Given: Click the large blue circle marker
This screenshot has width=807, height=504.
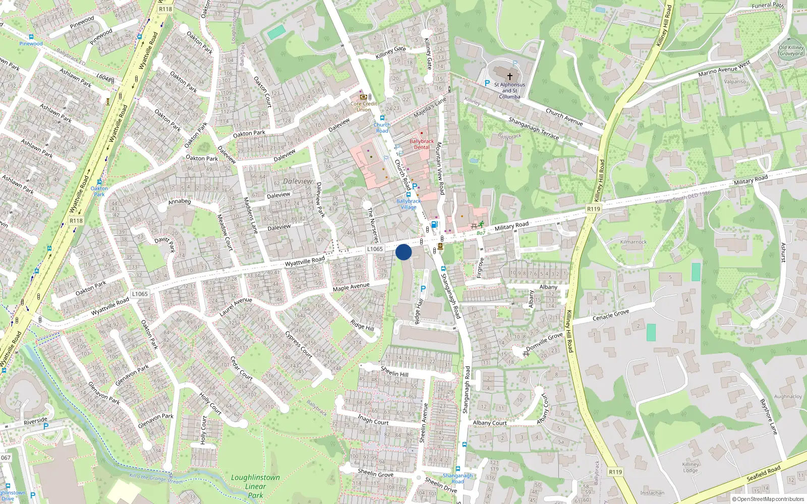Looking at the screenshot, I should pos(403,252).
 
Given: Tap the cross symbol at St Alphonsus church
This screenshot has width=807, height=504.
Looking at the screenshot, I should pos(509,77).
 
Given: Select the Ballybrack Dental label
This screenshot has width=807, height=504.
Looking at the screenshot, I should pos(422,145).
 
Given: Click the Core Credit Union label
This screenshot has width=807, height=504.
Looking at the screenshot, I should pos(364,106).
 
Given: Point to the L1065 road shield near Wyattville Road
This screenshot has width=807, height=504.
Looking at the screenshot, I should pos(375,249).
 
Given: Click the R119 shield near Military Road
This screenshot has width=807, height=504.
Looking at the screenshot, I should pos(594,209).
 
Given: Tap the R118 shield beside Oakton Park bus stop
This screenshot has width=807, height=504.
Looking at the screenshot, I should pos(76,221).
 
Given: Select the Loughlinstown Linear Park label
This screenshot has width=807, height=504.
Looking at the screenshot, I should pos(255,486).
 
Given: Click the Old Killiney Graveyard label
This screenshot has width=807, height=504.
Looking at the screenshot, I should pos(791,50).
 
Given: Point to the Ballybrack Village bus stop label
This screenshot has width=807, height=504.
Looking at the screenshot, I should pos(409,204).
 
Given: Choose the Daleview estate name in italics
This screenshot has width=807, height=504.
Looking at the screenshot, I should pos(298,181).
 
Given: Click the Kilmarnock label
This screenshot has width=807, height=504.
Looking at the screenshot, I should pos(633,242).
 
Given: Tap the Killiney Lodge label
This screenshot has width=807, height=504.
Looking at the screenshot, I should pos(690,467).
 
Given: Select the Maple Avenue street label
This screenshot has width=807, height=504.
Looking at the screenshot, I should pos(351,287).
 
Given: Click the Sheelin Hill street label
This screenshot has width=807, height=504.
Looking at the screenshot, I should pos(394,372).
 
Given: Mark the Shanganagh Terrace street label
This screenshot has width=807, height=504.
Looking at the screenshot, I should pos(533,128).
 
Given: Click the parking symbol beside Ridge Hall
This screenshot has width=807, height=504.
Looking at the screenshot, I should pos(423,289).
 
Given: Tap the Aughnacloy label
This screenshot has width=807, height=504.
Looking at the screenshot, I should pos(788,397).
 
